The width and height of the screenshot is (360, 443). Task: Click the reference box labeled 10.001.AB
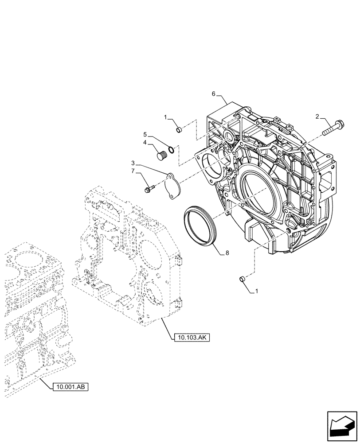tap(71, 387)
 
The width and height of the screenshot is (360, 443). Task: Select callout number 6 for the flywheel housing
tap(213, 94)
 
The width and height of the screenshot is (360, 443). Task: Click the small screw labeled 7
tap(149, 190)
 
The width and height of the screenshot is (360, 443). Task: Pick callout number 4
tap(145, 143)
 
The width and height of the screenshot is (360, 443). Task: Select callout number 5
tap(145, 133)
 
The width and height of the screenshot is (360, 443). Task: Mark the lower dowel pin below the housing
tap(242, 279)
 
